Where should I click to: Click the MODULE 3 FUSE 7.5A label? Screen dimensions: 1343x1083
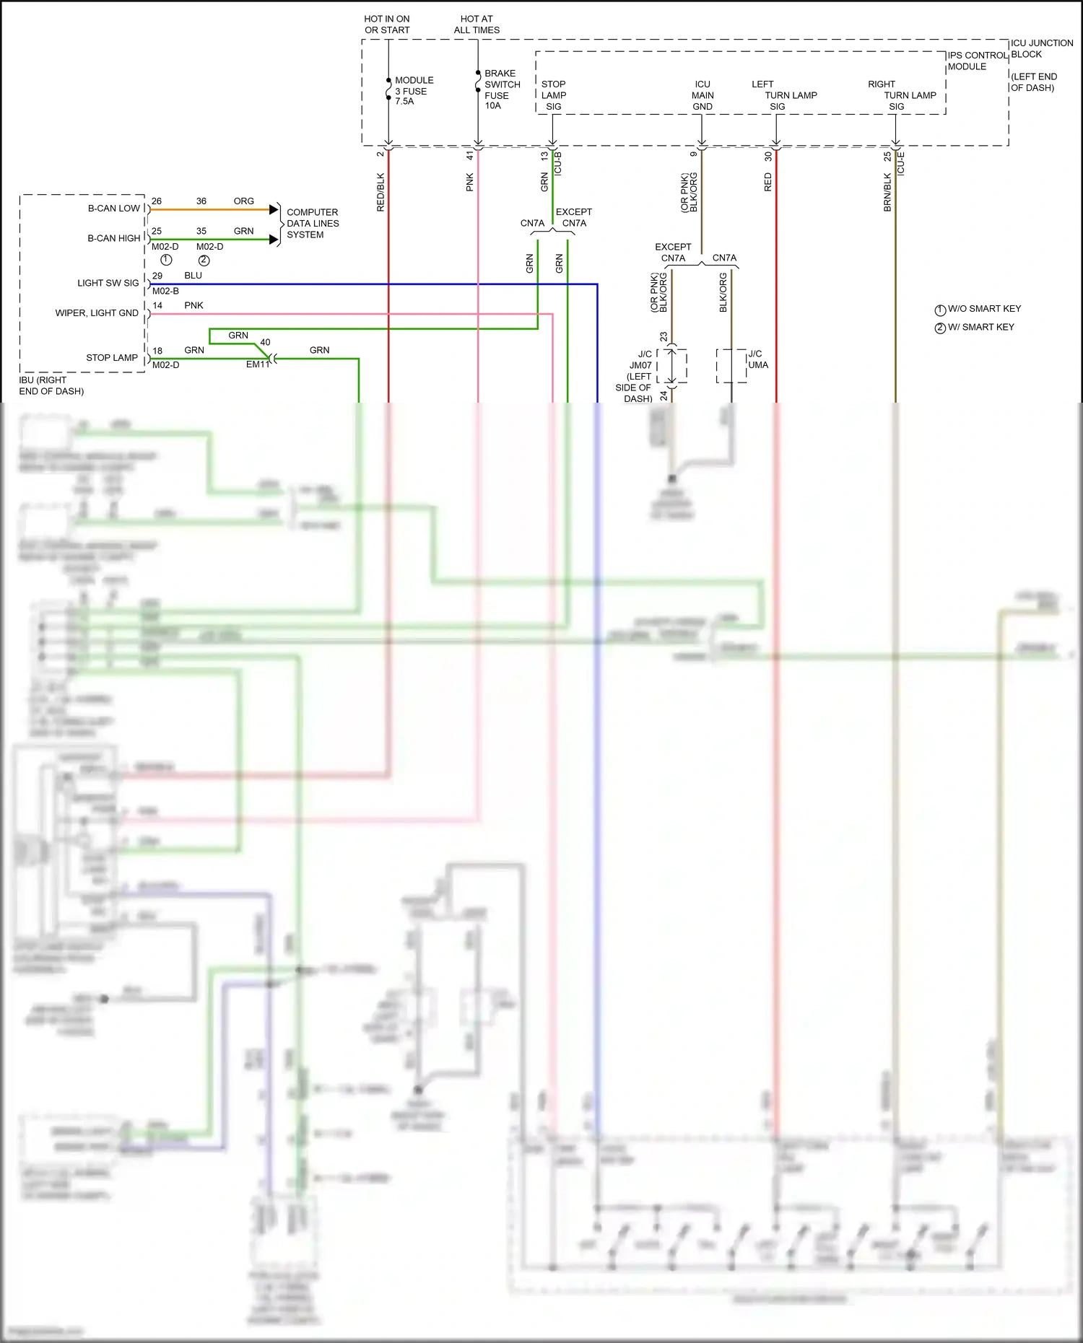pyautogui.click(x=413, y=91)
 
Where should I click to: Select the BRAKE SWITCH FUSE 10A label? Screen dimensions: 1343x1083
pyautogui.click(x=501, y=89)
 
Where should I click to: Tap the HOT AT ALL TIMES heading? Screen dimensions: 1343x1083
pyautogui.click(x=477, y=25)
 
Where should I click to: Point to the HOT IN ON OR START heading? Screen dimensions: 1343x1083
pyautogui.click(x=387, y=25)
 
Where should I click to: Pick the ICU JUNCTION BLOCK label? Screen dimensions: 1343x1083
pyautogui.click(x=1041, y=48)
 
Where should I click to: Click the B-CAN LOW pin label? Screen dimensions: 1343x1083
pyautogui.click(x=114, y=209)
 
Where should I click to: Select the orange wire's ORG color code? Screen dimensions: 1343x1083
pyautogui.click(x=243, y=201)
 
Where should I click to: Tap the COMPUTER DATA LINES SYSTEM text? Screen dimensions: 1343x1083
pyautogui.click(x=312, y=224)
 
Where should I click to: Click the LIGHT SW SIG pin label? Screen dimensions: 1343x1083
pyautogui.click(x=108, y=283)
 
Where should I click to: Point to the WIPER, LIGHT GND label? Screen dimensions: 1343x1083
pyautogui.click(x=97, y=313)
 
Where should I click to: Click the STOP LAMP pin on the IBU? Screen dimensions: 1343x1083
pyautogui.click(x=112, y=358)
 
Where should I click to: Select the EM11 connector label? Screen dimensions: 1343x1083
pyautogui.click(x=257, y=364)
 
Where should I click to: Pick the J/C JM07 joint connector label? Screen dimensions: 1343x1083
pyautogui.click(x=640, y=365)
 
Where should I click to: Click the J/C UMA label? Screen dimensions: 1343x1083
pyautogui.click(x=757, y=359)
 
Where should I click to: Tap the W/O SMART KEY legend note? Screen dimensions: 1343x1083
pyautogui.click(x=983, y=309)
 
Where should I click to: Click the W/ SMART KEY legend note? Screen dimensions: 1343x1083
pyautogui.click(x=980, y=328)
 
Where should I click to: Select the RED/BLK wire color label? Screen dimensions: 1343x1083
pyautogui.click(x=380, y=192)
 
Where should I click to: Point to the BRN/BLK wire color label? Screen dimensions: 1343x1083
pyautogui.click(x=887, y=192)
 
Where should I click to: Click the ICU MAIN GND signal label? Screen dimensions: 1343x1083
pyautogui.click(x=702, y=95)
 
